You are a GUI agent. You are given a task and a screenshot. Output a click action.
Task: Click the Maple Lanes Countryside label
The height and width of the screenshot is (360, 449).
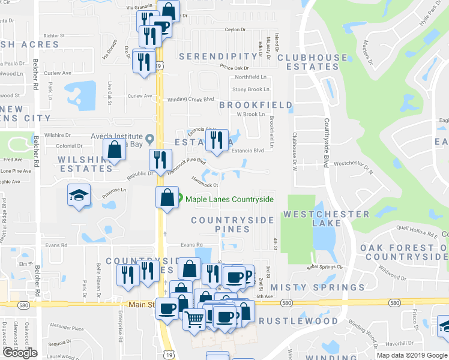[229, 200]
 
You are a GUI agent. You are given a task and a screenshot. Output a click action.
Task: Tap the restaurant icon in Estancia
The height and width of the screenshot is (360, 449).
[216, 140]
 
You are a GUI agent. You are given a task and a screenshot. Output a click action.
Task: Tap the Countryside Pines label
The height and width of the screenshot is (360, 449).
[232, 224]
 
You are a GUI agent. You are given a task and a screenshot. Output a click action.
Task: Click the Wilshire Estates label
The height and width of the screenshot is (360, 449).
[84, 164]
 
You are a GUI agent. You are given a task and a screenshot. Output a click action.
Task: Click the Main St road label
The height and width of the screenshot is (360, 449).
[142, 305]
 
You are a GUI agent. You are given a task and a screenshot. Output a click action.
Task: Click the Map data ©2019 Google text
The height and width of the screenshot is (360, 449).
[411, 355]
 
